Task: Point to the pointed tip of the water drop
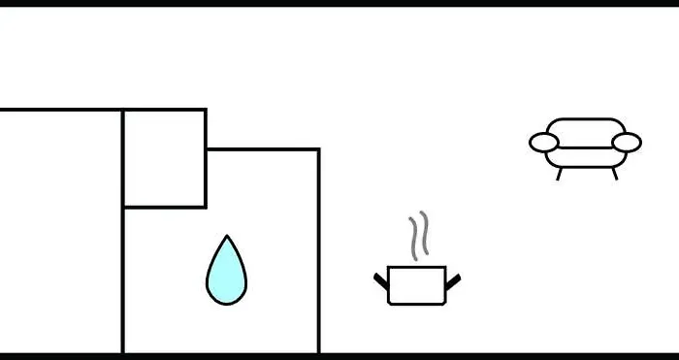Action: point(227,238)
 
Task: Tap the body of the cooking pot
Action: point(416,286)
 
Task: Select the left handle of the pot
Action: point(381,282)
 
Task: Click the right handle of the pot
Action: point(452,282)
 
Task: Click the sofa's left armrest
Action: point(544,143)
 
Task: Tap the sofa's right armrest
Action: point(627,143)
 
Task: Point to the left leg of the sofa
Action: point(559,175)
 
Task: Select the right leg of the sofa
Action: point(614,175)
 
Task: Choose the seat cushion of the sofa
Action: point(585,156)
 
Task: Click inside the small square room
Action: point(164,158)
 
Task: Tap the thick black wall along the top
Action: point(339,3)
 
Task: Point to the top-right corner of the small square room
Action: point(206,111)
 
